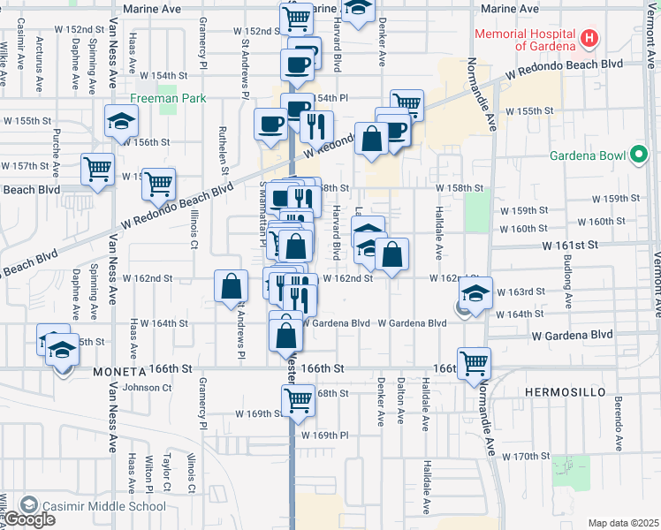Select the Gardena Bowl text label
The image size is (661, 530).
click(x=586, y=156)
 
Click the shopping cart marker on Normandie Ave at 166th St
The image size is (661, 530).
click(x=475, y=362)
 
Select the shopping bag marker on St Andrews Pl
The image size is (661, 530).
click(x=231, y=287)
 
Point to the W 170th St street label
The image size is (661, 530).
click(x=526, y=456)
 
